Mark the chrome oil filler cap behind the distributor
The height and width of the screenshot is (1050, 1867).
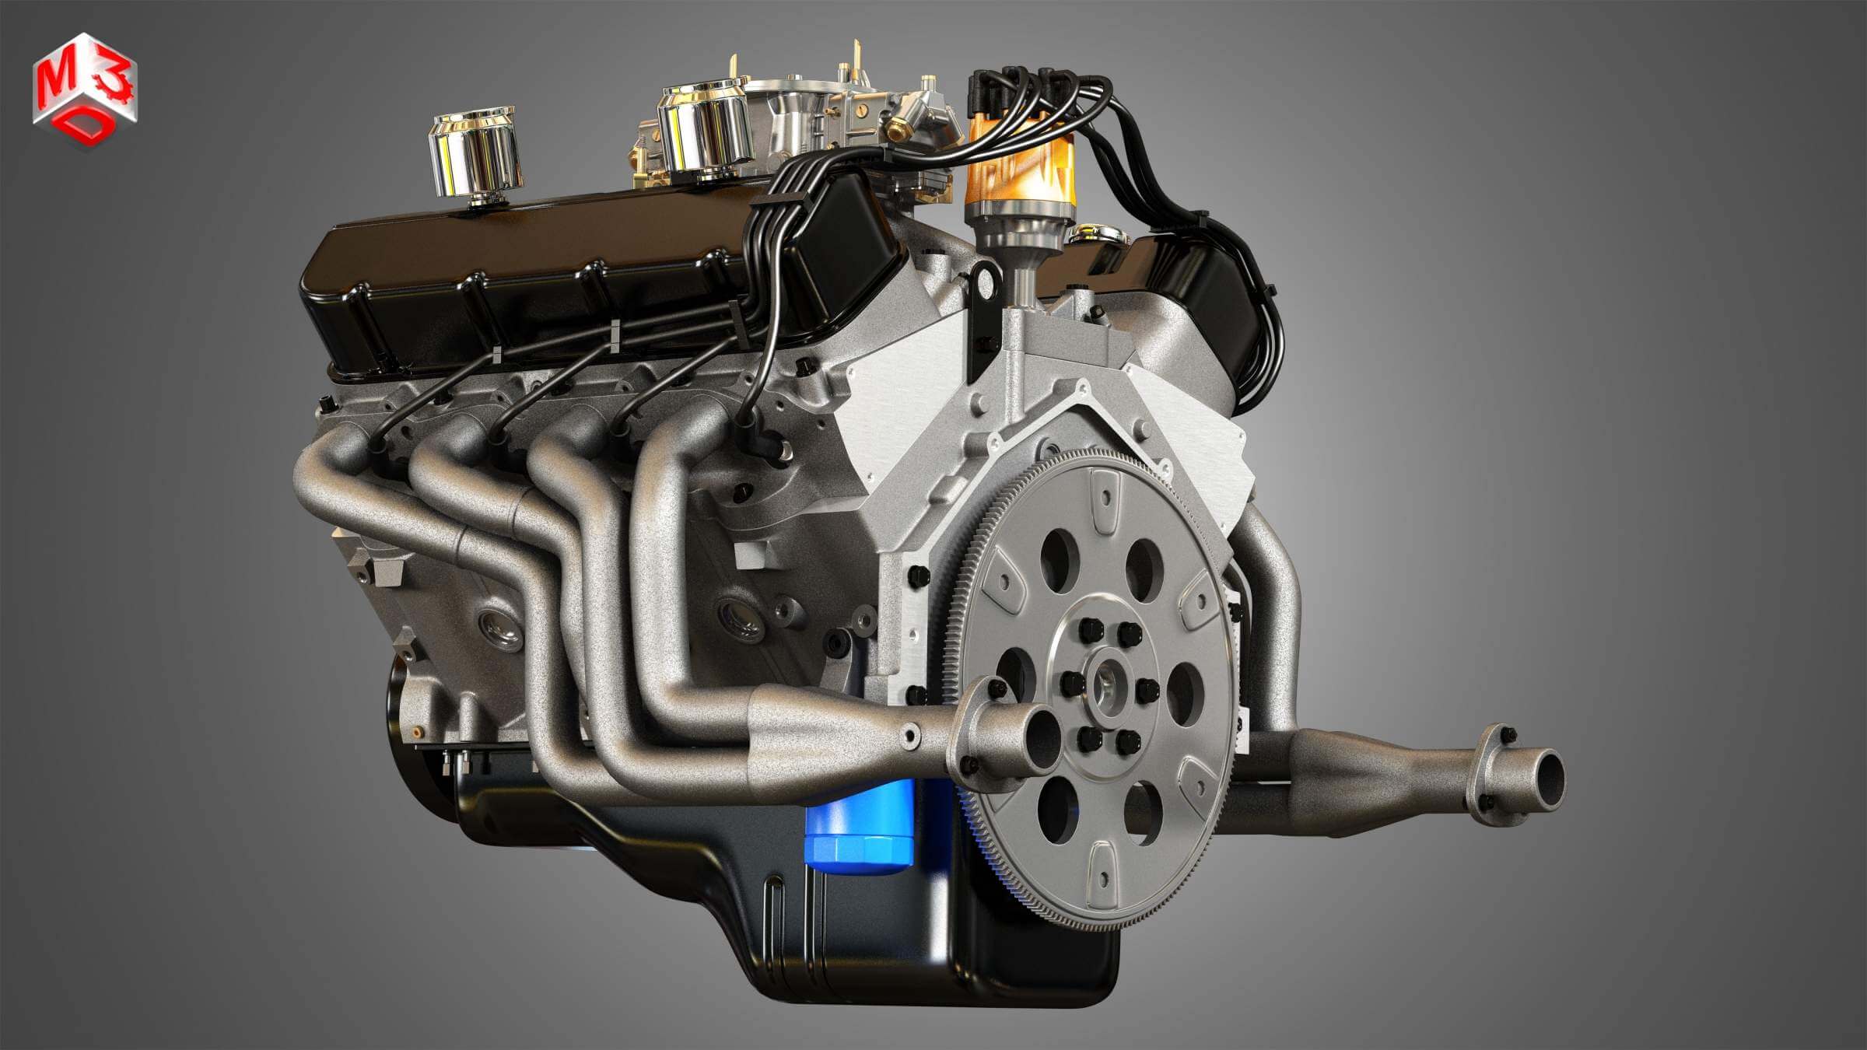pos(1097,233)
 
